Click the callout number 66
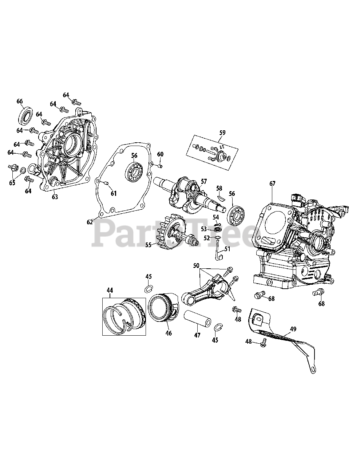tap(20, 101)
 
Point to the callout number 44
tap(110, 290)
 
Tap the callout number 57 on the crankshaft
tap(203, 181)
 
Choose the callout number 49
tap(293, 329)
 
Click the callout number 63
tap(55, 197)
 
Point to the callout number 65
tap(12, 182)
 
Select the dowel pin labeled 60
tap(160, 166)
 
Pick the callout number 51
tap(228, 249)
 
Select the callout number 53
tap(204, 229)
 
